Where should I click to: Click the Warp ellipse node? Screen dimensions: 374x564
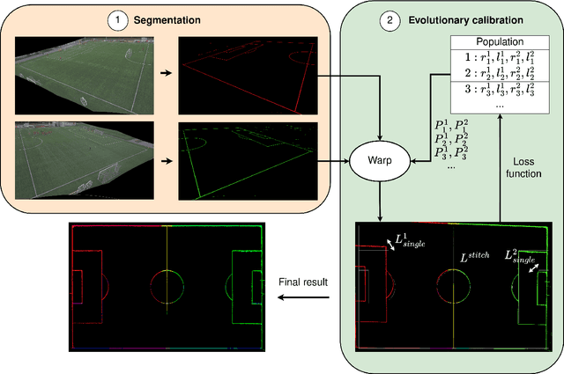coord(374,161)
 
